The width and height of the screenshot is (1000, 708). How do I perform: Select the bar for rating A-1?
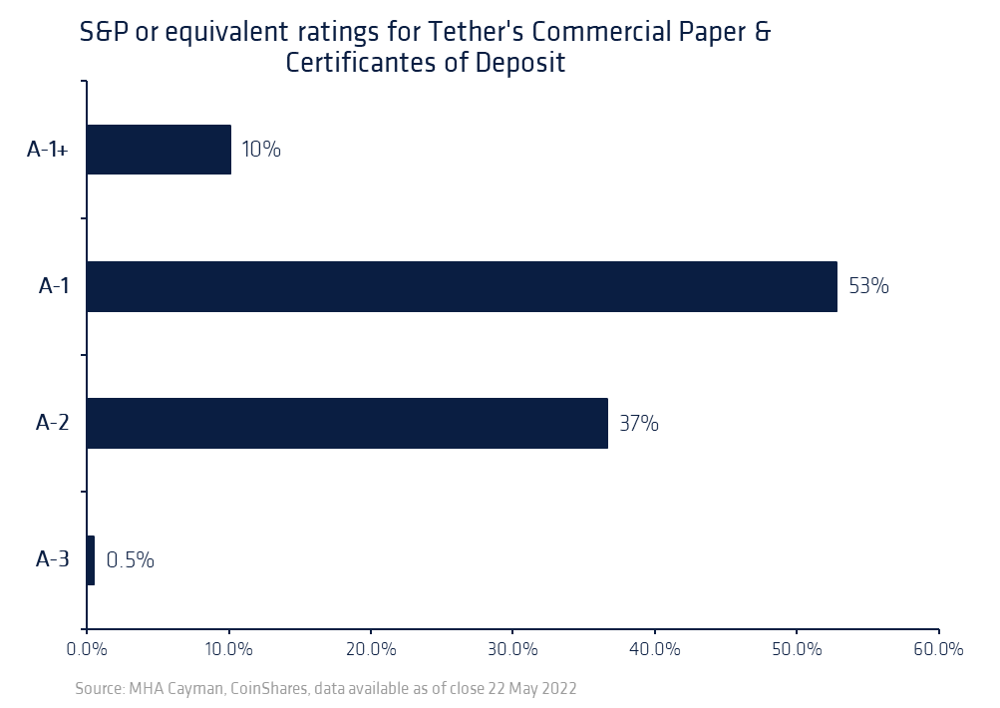(462, 286)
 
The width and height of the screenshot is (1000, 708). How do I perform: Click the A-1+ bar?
(159, 150)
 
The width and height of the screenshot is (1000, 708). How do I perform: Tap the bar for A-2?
(347, 423)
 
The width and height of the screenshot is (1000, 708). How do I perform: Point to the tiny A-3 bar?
(91, 559)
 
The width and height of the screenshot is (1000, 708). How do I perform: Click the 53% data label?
(867, 286)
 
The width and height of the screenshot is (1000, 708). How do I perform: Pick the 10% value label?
(261, 150)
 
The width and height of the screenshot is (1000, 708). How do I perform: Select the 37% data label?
(638, 423)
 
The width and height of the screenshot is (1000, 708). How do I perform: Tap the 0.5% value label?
(130, 559)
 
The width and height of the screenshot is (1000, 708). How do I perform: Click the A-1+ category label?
(48, 150)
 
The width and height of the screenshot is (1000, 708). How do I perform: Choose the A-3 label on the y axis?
(52, 559)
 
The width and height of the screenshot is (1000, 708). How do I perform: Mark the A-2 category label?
(52, 423)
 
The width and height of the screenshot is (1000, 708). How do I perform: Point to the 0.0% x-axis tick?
(87, 649)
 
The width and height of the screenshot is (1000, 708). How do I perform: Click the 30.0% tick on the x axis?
(512, 649)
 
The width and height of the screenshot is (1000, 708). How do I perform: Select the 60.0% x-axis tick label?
(938, 649)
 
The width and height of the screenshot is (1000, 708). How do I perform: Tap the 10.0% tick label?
(229, 649)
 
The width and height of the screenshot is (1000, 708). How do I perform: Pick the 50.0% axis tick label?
(796, 649)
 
